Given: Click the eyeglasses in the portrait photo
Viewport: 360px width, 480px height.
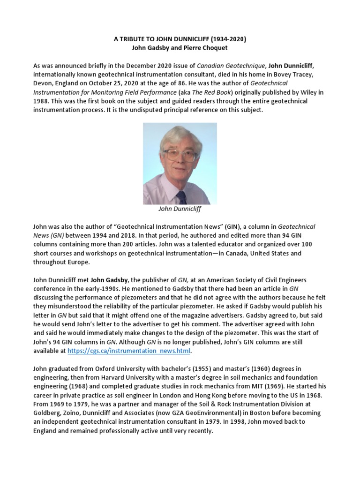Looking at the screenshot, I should (x=178, y=154).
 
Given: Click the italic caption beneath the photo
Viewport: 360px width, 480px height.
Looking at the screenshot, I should (x=180, y=209).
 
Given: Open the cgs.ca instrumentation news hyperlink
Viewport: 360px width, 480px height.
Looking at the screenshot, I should (x=129, y=351).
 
